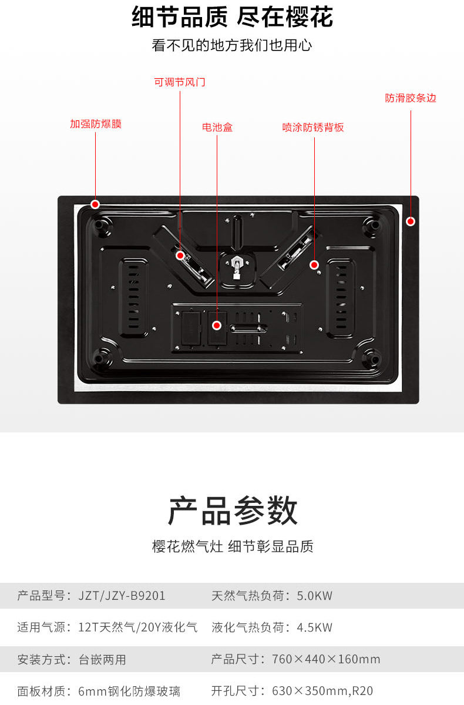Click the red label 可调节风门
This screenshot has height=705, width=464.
point(180,82)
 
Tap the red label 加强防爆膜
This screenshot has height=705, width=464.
point(96,124)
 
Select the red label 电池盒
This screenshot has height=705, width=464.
point(217,127)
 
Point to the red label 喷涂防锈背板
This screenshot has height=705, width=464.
point(313,127)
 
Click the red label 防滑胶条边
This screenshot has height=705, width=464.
point(411,98)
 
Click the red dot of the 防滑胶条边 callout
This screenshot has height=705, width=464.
point(411,221)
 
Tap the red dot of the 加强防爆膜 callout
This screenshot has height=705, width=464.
point(95,204)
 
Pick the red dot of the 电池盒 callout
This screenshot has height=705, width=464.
point(217,325)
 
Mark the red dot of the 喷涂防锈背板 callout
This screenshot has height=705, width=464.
point(314,265)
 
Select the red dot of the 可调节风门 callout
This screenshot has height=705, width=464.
point(180,256)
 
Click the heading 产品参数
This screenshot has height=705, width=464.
point(233,511)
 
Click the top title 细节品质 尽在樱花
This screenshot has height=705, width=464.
point(232,18)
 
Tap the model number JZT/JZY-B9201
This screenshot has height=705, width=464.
point(122,596)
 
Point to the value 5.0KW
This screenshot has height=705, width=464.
point(315,596)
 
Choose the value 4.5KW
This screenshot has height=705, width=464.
point(315,627)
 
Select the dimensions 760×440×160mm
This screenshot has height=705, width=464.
point(326,659)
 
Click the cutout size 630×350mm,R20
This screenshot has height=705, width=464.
point(322,691)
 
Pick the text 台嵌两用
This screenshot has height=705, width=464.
point(102,659)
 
